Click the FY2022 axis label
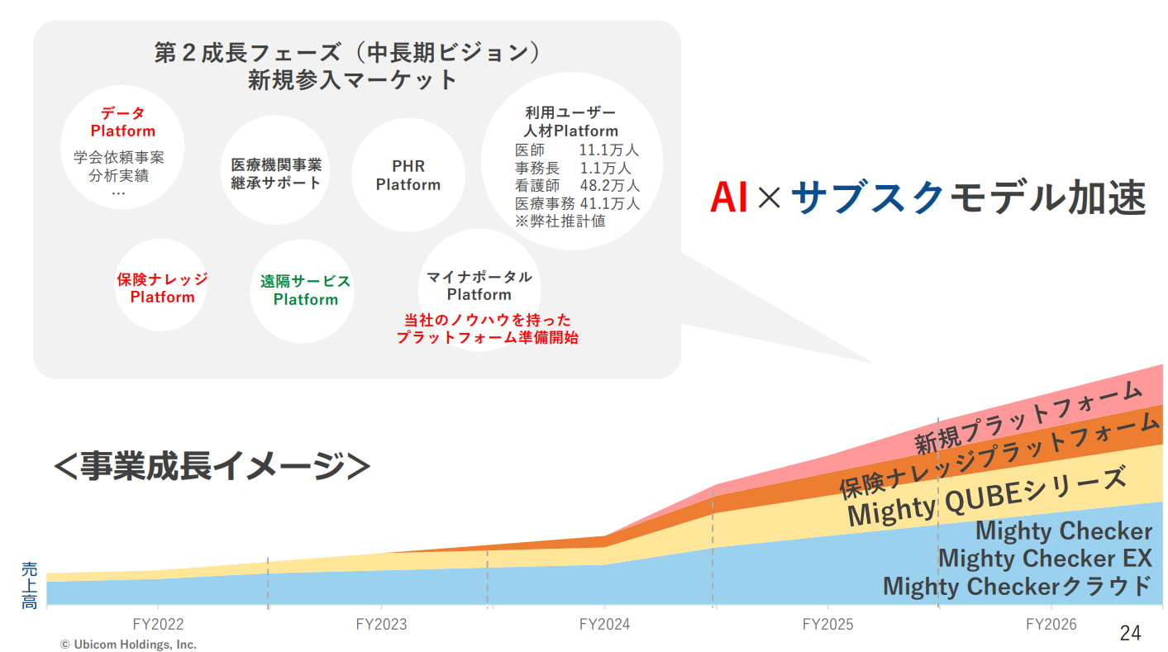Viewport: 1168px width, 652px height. pos(158,624)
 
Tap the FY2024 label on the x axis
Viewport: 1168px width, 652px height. pos(604,624)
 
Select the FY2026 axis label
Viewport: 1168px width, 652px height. pos(1051,624)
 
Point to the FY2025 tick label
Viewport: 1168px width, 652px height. pos(827,624)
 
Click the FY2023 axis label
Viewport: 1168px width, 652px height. pos(381,624)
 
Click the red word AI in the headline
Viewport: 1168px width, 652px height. pos(728,197)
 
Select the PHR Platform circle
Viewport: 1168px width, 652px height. pos(408,175)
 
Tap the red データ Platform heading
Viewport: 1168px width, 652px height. pos(123,122)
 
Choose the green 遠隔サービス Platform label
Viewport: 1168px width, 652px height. pos(306,290)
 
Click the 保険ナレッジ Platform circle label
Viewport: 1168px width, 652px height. pos(162,288)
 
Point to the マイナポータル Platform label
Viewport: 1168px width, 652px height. pos(479,286)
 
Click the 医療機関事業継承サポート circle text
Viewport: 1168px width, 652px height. pos(276,174)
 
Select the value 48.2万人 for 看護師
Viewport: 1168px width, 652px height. pos(609,186)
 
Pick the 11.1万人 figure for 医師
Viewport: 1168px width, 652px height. pos(608,150)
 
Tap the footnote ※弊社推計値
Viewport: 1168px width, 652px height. pos(560,221)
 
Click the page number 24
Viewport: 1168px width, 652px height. pos(1131,633)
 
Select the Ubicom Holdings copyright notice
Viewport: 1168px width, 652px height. pos(128,645)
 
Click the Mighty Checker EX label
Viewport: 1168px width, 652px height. pos(1045,558)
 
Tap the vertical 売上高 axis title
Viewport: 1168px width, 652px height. pos(29,585)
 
